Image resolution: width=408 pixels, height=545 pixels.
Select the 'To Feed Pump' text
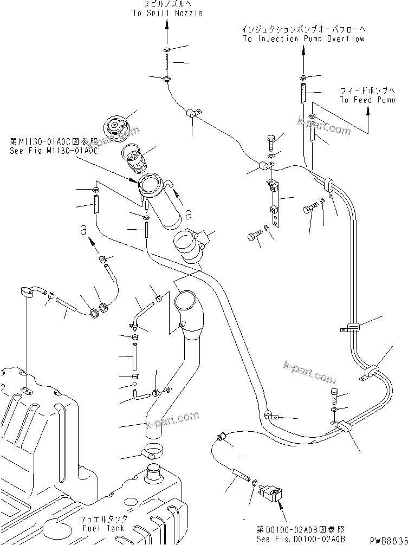click(367, 99)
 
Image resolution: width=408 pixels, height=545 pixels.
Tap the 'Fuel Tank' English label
click(103, 528)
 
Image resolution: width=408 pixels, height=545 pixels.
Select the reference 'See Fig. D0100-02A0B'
click(301, 539)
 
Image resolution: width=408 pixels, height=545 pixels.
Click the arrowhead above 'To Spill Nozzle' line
click(167, 35)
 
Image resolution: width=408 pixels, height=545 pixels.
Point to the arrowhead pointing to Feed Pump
click(368, 110)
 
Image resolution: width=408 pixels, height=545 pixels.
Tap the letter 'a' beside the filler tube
click(188, 215)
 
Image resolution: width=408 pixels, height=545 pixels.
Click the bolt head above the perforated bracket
click(271, 141)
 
